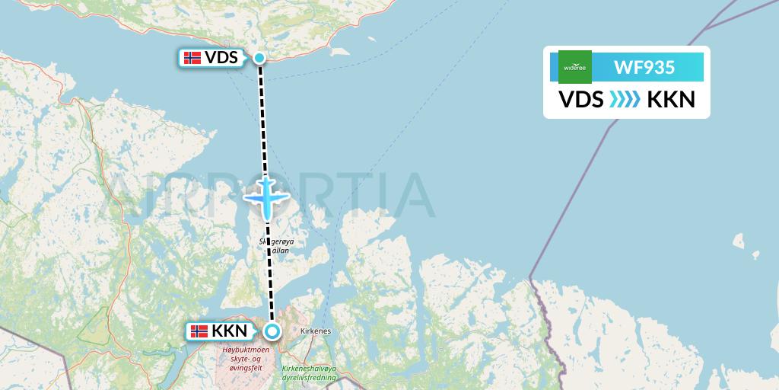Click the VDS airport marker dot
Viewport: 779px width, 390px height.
tap(259, 58)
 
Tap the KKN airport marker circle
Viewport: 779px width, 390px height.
tap(272, 331)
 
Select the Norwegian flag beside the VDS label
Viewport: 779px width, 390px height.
tap(193, 58)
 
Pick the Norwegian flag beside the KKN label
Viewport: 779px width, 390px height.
tap(199, 331)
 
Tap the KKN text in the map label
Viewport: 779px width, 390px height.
tap(229, 331)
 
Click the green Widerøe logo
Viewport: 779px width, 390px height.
tap(574, 67)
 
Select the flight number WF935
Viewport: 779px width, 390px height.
tap(644, 67)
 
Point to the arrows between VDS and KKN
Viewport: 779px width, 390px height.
tap(625, 100)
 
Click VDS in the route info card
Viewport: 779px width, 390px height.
tap(581, 100)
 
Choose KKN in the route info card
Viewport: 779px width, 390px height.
tap(670, 100)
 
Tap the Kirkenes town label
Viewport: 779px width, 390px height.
tap(314, 332)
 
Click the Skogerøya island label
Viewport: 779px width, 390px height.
tap(277, 243)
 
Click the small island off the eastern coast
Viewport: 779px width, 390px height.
tap(737, 242)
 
